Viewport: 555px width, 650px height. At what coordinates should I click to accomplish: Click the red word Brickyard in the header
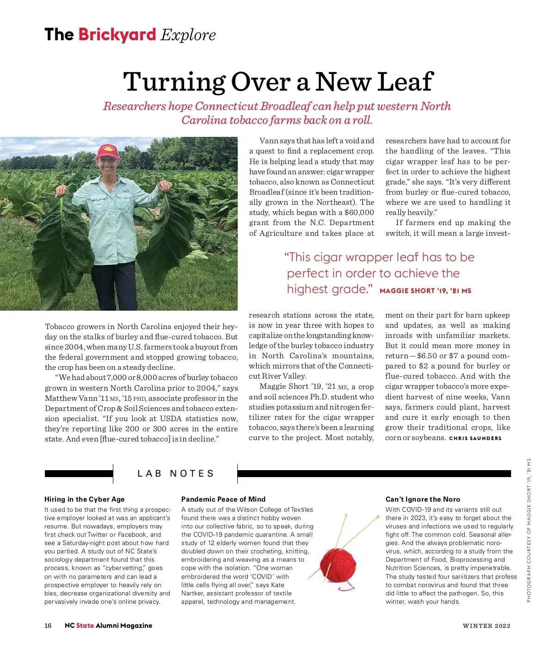117,35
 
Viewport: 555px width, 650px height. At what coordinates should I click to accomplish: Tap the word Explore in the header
188,35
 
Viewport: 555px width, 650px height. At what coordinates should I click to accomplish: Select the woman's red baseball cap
108,151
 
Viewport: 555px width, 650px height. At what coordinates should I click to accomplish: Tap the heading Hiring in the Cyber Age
85,499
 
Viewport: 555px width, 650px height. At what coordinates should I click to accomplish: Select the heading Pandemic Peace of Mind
223,499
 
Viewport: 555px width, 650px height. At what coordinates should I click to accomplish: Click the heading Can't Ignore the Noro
423,499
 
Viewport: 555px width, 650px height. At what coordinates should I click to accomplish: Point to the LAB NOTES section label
176,473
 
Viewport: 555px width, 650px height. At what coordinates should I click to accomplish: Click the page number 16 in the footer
48,625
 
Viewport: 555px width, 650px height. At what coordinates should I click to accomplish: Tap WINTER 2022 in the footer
487,626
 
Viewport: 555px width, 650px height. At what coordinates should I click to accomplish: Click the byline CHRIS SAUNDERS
475,438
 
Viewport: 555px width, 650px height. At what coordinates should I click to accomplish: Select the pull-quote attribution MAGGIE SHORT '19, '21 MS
425,291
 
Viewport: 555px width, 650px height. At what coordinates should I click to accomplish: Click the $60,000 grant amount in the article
359,213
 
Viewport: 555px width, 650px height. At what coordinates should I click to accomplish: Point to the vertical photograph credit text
529,530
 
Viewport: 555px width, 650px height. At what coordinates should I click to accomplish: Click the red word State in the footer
85,625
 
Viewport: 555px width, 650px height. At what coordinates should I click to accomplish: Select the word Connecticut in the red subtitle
226,106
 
